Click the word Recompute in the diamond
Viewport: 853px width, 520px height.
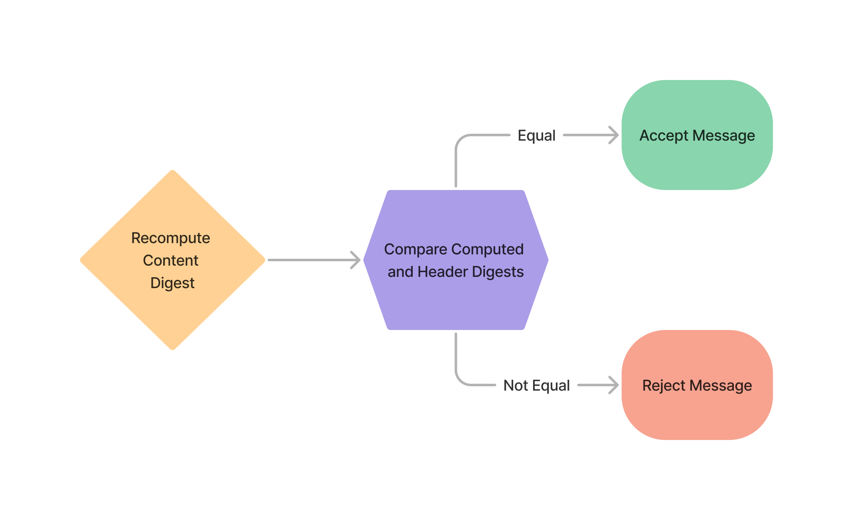pyautogui.click(x=170, y=238)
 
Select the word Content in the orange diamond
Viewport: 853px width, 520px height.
pyautogui.click(x=170, y=261)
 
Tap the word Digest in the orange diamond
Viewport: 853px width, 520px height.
pyautogui.click(x=172, y=283)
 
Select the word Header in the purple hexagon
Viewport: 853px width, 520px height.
pyautogui.click(x=443, y=272)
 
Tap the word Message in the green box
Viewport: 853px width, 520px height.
pyautogui.click(x=724, y=136)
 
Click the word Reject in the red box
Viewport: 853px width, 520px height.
pyautogui.click(x=663, y=385)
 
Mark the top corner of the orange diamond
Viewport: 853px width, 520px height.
pyautogui.click(x=172, y=171)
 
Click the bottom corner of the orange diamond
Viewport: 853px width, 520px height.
pyautogui.click(x=172, y=349)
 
